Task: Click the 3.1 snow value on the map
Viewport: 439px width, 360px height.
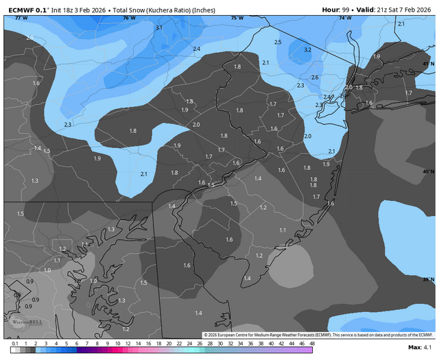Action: (159, 27)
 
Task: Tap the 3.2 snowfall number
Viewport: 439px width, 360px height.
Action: (308, 50)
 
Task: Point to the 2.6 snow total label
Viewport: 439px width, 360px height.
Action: (315, 77)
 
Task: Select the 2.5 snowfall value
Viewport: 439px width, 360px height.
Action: (278, 43)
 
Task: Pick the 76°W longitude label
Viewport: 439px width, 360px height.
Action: (129, 18)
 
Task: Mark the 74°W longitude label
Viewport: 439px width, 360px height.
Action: (345, 18)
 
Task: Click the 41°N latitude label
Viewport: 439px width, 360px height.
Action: (428, 64)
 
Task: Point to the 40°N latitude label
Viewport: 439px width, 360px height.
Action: (428, 171)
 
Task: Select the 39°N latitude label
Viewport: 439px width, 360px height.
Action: (428, 279)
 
